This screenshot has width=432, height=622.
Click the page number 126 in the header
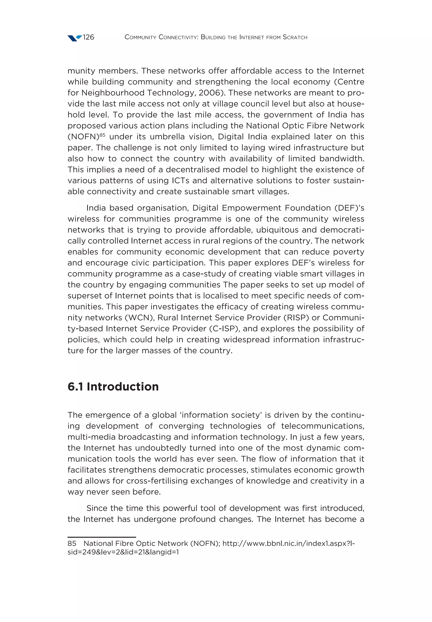tap(88, 37)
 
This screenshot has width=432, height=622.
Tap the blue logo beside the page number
tap(74, 38)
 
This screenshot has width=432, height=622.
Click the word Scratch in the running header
tap(295, 37)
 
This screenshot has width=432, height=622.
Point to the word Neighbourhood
tap(113, 93)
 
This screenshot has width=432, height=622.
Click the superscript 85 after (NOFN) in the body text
tap(102, 135)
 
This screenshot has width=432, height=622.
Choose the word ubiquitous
tap(277, 230)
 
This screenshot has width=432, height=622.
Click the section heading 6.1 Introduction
tap(113, 387)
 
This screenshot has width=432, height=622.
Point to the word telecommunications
tap(323, 426)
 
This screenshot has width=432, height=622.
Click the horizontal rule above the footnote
tap(101, 537)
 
